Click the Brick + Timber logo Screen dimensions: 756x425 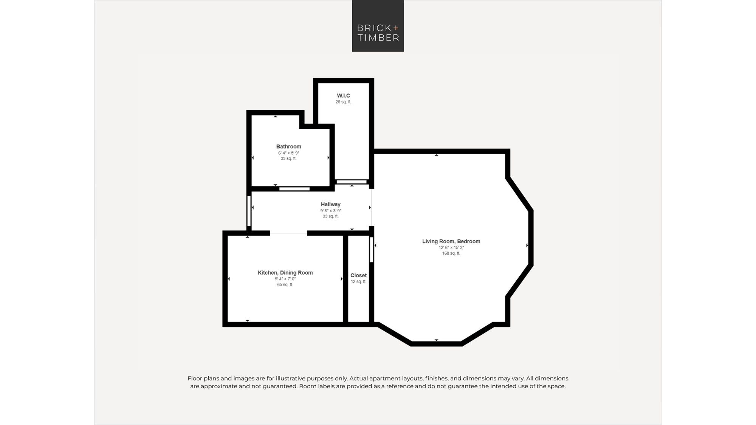point(378,26)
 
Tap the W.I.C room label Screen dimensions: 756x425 point(343,96)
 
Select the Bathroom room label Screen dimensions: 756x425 point(288,147)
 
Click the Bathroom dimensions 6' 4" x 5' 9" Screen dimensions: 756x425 point(288,153)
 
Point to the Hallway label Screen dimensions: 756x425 point(330,204)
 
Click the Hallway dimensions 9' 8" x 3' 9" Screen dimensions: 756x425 point(330,211)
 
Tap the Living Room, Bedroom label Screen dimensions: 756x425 point(451,241)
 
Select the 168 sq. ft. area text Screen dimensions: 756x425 point(451,253)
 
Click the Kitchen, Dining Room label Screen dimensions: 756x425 point(285,273)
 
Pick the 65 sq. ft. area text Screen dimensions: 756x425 point(285,284)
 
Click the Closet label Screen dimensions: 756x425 point(358,275)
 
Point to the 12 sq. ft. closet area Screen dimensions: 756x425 point(358,281)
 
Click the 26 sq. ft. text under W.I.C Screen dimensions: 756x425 point(343,102)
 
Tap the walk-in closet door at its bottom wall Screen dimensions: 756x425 point(352,182)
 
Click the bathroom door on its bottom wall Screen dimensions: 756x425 point(294,189)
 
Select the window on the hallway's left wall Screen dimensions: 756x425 point(249,211)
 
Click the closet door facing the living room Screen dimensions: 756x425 point(372,249)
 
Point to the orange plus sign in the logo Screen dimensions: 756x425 point(395,28)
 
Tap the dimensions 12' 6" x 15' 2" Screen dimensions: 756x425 point(451,247)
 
